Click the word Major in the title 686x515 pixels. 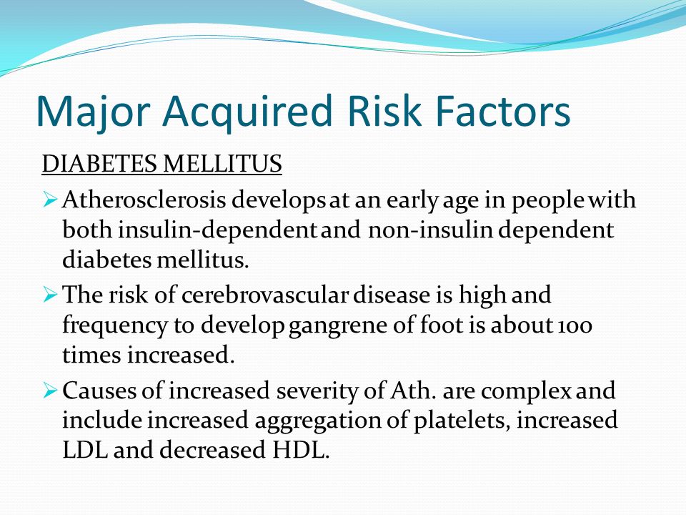click(94, 112)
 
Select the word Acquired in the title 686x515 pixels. click(248, 112)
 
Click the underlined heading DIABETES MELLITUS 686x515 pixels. click(162, 164)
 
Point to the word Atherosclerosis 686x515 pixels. click(144, 200)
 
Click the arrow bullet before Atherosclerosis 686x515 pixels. click(50, 200)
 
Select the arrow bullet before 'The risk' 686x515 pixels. click(50, 295)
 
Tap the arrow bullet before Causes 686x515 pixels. click(50, 391)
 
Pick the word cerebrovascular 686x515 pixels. click(265, 294)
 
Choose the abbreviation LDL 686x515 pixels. click(85, 450)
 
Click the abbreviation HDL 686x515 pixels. click(300, 450)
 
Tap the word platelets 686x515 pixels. click(462, 421)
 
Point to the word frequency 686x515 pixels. click(115, 326)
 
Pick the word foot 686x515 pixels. click(442, 325)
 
